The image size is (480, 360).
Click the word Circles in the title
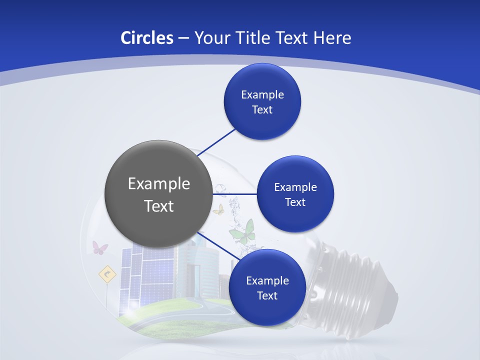tap(146, 38)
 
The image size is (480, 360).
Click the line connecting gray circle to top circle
tap(217, 141)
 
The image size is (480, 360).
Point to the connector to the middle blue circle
tap(235, 193)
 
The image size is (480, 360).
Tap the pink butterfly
tap(99, 247)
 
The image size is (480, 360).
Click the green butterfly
tap(243, 231)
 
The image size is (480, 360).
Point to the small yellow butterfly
tap(218, 209)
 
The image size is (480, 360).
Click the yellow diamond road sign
tap(107, 273)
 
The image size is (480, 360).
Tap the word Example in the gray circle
tap(159, 183)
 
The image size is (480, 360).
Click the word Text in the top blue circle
tap(262, 109)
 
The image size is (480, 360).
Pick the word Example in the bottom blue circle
tap(267, 280)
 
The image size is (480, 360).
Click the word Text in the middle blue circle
tap(295, 202)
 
